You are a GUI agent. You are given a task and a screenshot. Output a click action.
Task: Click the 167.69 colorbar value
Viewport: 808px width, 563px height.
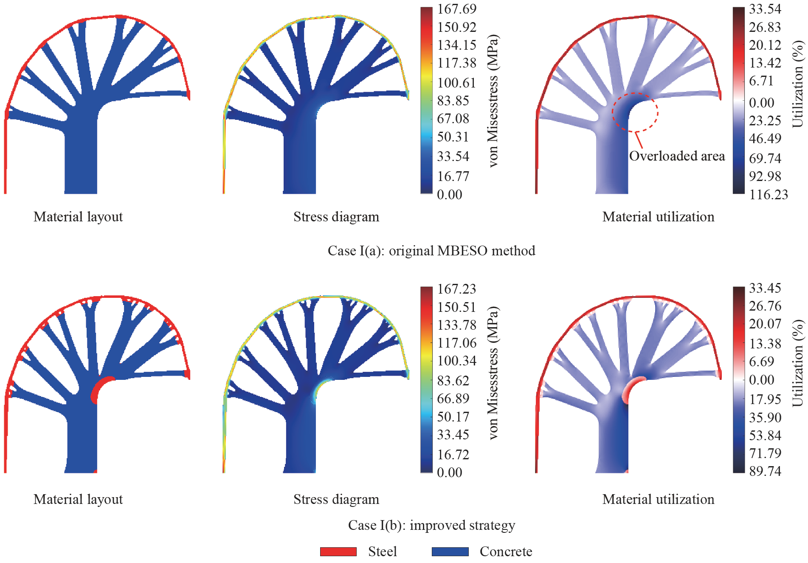point(457,9)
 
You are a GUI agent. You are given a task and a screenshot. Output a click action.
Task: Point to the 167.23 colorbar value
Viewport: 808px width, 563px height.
point(457,289)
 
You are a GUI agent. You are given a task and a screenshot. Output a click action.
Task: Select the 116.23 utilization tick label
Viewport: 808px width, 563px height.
point(769,195)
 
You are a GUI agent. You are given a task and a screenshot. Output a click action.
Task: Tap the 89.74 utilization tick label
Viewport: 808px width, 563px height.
point(765,471)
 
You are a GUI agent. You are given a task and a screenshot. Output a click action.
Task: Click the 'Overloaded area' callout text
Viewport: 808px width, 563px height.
point(677,156)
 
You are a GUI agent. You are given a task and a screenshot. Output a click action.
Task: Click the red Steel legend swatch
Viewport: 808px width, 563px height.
point(338,552)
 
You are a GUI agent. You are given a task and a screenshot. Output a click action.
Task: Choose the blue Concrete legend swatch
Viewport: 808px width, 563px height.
point(450,552)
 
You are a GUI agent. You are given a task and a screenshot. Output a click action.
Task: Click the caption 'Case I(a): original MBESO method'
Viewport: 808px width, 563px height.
point(431,251)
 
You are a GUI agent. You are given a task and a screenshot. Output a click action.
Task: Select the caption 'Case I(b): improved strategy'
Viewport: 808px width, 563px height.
point(431,525)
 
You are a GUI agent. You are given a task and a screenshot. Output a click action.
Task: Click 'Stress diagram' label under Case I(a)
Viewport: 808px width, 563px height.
point(336,217)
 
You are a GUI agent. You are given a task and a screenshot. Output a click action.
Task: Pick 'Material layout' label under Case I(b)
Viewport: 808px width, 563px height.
point(78,499)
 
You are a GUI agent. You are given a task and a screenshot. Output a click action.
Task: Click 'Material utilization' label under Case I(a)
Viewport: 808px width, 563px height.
point(658,217)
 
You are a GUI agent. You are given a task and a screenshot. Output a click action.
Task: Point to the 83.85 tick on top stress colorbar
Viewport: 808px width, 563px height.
point(453,101)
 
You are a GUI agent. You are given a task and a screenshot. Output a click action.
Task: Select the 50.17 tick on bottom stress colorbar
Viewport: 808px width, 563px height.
point(453,417)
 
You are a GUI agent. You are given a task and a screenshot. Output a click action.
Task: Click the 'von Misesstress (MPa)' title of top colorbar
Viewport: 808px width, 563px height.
point(493,101)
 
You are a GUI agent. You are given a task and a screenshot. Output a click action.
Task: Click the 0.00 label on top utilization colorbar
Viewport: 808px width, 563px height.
point(761,102)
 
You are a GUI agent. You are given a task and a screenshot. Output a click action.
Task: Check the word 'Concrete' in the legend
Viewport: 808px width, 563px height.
point(506,552)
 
